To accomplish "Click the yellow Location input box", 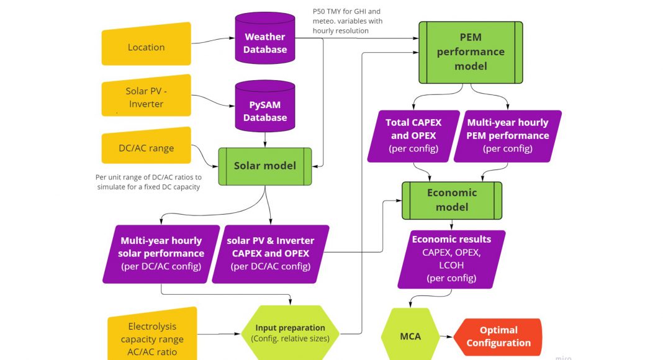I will [147, 47].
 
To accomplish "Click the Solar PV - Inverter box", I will [147, 97].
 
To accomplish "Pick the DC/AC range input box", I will [147, 148].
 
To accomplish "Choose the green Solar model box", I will [265, 166].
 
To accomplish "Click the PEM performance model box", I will [471, 52].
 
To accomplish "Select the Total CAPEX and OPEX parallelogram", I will [413, 136].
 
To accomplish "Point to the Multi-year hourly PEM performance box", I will [508, 136].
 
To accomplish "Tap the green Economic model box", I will [452, 200].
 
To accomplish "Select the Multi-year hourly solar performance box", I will [161, 253].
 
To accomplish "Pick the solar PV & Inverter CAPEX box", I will [270, 253].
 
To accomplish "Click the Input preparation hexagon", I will [290, 333].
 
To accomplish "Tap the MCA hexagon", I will [410, 336].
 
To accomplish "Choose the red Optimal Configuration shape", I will [498, 336].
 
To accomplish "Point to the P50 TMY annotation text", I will [348, 21].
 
